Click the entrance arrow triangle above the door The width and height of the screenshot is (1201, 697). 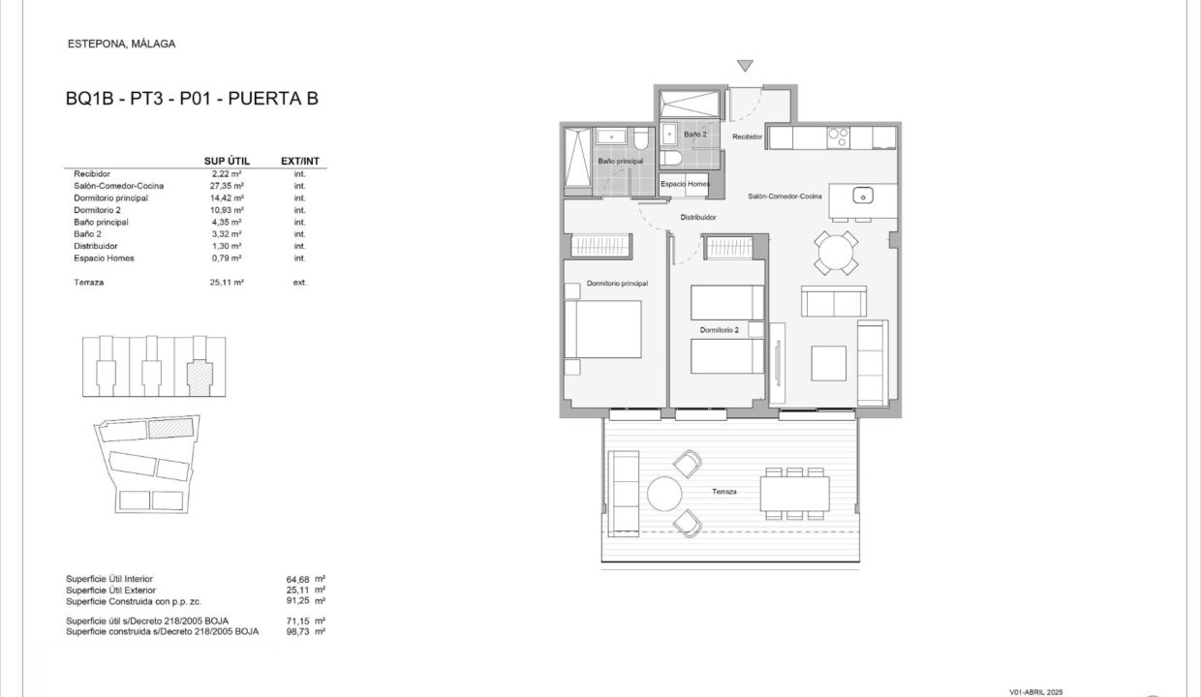(x=745, y=66)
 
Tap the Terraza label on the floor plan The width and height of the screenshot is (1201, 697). (x=724, y=491)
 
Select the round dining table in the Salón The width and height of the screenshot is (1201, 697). (x=835, y=253)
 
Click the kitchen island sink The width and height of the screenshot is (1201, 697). (x=863, y=196)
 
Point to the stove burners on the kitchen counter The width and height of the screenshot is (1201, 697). (x=838, y=136)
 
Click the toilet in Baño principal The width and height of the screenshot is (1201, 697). (x=641, y=138)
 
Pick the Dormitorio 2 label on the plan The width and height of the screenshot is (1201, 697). (x=719, y=330)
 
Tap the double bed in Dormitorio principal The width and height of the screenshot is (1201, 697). (x=602, y=329)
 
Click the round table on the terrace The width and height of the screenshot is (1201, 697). (x=664, y=494)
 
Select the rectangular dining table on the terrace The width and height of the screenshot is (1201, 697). (x=794, y=494)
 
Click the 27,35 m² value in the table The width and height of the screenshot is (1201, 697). (x=227, y=186)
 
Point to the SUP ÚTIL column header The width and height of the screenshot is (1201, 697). (x=227, y=161)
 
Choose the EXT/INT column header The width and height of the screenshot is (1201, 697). (x=299, y=161)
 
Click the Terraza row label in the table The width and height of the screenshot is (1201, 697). (x=88, y=283)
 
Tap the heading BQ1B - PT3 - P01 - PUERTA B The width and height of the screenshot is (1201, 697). (x=192, y=99)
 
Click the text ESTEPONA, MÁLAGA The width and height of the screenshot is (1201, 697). (x=122, y=44)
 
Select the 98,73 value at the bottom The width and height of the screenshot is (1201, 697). (x=298, y=631)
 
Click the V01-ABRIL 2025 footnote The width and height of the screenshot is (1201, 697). (x=1036, y=692)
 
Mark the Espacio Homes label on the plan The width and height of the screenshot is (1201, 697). (x=685, y=184)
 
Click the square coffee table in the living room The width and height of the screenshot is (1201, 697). (x=828, y=363)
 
